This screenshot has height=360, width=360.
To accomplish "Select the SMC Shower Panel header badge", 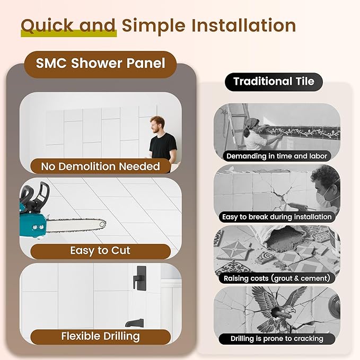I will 100,64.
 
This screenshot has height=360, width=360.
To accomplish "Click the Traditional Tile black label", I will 274,81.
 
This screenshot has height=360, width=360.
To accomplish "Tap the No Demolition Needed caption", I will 100,166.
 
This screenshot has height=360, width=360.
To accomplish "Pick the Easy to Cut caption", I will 100,250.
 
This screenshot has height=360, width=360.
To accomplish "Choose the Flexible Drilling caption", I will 100,336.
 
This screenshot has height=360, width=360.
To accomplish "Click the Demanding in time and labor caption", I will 277,156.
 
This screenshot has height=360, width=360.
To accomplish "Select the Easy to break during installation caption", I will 277,217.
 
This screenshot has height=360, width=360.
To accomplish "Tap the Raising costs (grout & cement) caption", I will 277,278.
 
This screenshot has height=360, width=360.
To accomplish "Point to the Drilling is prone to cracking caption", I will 277,338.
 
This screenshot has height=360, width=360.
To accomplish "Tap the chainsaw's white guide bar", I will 80,224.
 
